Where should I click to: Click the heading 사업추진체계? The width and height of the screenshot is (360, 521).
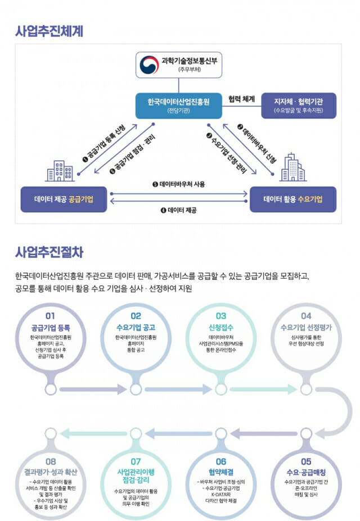point(49,30)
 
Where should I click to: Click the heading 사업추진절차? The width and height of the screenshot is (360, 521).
point(49,252)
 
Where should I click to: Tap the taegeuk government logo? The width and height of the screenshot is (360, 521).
point(149,65)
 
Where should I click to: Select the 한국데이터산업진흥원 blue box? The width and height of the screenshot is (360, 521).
point(178,105)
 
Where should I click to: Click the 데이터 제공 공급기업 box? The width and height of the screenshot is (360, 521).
point(64,199)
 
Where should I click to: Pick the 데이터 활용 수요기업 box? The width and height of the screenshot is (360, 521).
point(292,199)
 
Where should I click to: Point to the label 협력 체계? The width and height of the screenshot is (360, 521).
point(242,99)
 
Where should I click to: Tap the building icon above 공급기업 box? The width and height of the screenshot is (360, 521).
point(60,170)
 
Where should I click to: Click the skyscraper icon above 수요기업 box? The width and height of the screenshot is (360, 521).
point(293,166)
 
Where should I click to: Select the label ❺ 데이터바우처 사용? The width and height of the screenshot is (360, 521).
point(179,184)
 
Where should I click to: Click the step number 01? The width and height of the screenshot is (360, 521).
point(51,316)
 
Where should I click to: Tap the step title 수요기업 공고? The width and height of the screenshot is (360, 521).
point(136,327)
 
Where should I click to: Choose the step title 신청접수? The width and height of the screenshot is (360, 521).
point(220,327)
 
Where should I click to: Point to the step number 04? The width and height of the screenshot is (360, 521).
point(306,316)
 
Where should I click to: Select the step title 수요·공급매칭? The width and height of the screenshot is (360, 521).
point(306,472)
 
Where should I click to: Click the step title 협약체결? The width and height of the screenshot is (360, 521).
point(220,472)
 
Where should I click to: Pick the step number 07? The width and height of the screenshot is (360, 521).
point(136,461)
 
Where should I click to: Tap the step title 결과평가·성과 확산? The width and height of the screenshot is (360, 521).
point(51,472)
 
